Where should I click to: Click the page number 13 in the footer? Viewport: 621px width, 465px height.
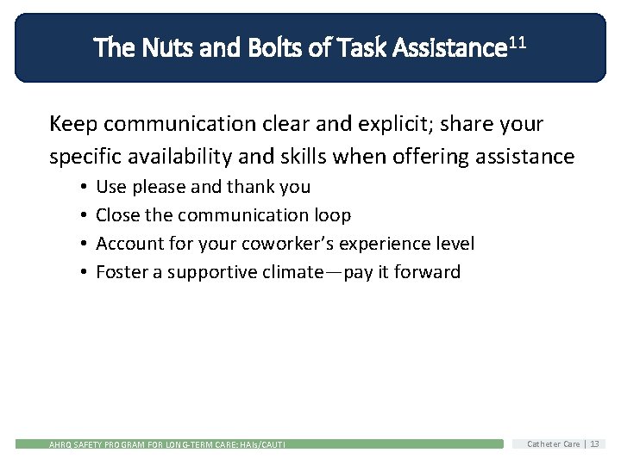pyautogui.click(x=595, y=443)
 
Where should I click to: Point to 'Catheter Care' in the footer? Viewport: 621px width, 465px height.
pyautogui.click(x=554, y=443)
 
